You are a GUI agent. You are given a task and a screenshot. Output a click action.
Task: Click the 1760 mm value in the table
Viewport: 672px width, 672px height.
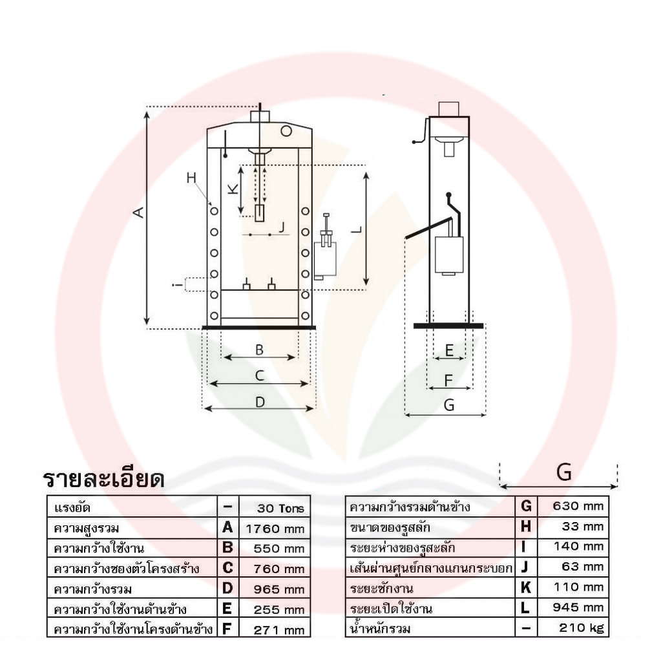(x=275, y=529)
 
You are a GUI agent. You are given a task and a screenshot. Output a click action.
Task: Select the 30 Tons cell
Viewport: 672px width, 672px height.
(x=280, y=509)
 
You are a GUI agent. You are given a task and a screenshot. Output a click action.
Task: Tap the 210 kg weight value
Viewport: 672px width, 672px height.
(x=581, y=628)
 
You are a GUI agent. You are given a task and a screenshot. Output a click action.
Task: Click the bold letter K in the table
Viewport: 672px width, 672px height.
(x=526, y=587)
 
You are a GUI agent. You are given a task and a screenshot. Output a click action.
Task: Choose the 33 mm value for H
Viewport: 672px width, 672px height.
(x=583, y=526)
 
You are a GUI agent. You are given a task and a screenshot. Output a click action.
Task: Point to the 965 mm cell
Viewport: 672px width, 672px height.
(x=279, y=589)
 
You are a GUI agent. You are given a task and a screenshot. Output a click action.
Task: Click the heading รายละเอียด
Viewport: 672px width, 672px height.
(x=104, y=479)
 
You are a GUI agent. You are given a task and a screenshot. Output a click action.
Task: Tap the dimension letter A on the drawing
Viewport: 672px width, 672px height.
(x=140, y=212)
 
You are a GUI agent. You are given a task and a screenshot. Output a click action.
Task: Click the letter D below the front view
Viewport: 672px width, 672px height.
(x=260, y=403)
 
